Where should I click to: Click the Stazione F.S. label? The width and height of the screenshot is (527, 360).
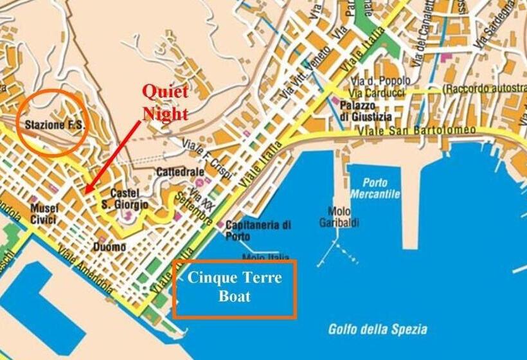(54, 125)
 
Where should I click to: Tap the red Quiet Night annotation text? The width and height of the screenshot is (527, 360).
(165, 103)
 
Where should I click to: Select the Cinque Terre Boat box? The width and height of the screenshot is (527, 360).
(234, 288)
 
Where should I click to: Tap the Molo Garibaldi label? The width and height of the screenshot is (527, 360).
(339, 217)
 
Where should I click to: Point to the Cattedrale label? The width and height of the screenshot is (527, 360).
(180, 172)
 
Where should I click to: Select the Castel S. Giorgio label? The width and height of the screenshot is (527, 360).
(129, 199)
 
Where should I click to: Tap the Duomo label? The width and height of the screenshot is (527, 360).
(109, 247)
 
